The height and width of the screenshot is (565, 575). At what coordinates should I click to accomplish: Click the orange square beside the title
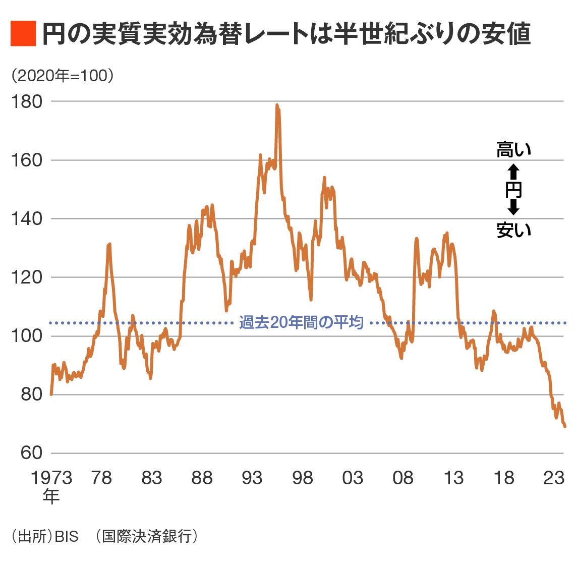coord(23,34)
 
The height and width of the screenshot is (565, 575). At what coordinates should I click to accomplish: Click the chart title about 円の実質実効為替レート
coord(285,34)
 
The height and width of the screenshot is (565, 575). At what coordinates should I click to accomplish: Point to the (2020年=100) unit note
coord(62,76)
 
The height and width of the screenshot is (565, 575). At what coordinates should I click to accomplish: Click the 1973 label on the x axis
coord(51,478)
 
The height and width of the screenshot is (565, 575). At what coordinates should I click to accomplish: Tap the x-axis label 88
coord(202,478)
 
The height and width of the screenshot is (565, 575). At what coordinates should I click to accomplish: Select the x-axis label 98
coord(302,478)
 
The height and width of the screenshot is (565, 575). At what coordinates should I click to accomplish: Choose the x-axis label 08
coord(403,478)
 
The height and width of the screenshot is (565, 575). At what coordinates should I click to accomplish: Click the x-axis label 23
coord(553,478)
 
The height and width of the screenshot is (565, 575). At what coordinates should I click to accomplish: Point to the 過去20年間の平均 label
coord(301,322)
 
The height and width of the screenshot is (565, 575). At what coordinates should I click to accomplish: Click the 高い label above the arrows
coord(513,150)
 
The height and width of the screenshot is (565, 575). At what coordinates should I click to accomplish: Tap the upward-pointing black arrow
coord(513,172)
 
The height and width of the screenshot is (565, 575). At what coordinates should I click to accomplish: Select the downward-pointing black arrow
coord(513,207)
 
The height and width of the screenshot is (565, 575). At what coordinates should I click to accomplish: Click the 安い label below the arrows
coord(513,230)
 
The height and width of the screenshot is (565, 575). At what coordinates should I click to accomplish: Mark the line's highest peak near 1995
coord(277,105)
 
